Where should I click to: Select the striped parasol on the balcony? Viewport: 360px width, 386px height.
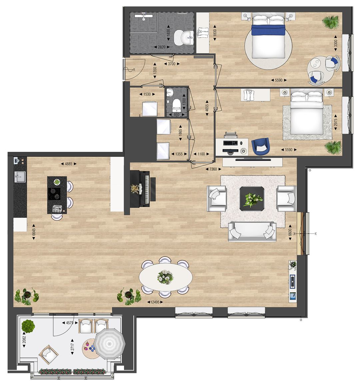(x=109, y=343)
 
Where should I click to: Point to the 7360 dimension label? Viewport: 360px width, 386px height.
(x=213, y=169)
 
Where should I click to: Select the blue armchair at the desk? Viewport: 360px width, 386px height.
(x=260, y=146)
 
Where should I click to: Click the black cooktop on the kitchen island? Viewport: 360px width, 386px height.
(x=55, y=193)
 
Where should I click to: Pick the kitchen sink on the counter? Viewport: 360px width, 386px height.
(x=20, y=177)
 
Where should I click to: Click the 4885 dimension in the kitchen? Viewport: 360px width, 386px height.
(x=68, y=164)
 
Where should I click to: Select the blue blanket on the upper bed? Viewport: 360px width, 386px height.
(x=268, y=30)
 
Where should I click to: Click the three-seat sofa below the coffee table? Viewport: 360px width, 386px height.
(x=252, y=231)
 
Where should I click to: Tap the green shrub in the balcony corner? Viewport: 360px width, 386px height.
(x=28, y=325)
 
